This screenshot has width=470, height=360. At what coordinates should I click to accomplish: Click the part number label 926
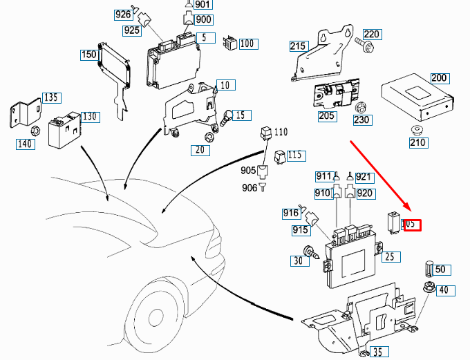point(123,15)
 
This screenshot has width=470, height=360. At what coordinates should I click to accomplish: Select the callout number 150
point(88,55)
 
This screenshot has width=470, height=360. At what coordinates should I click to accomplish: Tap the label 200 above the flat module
point(439,77)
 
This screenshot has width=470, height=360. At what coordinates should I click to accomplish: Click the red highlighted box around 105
point(411,224)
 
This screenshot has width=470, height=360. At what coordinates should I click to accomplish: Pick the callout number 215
point(298,46)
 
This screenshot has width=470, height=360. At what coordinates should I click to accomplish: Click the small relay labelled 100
point(229,44)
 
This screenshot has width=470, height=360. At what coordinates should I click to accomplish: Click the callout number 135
point(50,97)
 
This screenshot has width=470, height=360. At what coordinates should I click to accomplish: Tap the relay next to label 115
point(279,156)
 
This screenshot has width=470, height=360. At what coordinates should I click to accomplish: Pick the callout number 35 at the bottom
point(376,352)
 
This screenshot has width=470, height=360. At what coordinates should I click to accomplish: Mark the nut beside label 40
point(426,290)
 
